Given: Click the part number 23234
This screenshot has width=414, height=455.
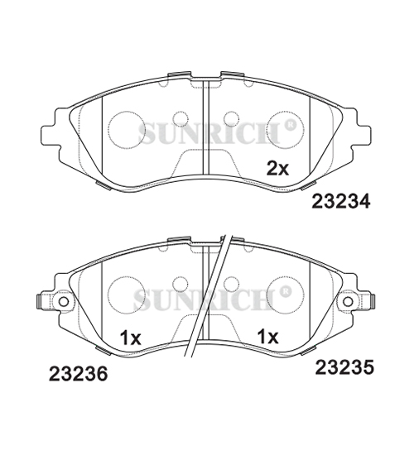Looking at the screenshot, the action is [341, 201].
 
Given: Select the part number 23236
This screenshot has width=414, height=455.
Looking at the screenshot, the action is [78, 374].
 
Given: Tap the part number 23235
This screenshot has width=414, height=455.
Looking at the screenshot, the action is [344, 367].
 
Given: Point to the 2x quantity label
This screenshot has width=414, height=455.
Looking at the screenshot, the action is [277, 169].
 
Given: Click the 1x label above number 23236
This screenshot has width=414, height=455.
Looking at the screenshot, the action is [131, 338].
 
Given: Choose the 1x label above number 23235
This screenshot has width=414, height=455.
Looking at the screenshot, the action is [268, 337].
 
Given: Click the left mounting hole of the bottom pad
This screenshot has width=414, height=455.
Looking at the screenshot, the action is [64, 302].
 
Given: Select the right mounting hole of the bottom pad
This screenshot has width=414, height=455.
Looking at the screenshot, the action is [348, 301].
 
